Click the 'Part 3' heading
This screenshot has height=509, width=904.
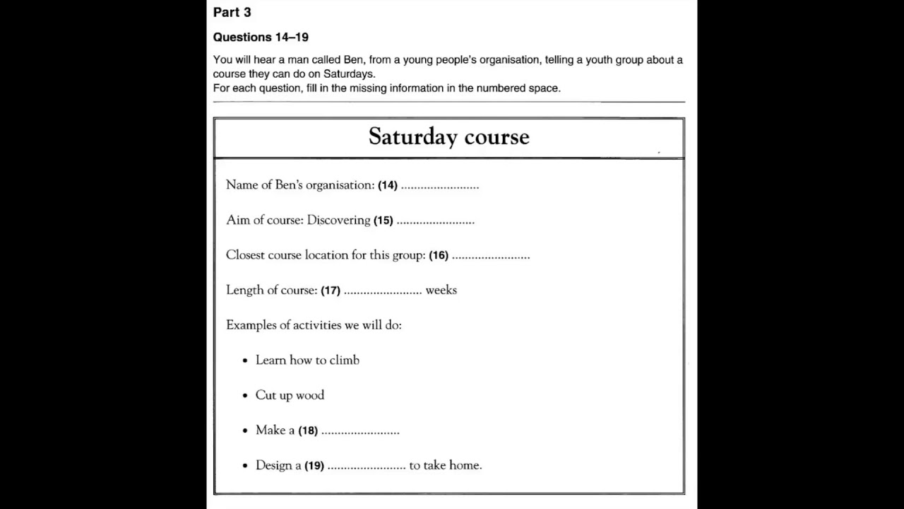tap(232, 12)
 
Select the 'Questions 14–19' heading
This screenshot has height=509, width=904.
tap(261, 37)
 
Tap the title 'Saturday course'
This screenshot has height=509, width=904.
tap(448, 136)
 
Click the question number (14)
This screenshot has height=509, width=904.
tap(388, 185)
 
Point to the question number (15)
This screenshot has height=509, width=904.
tap(383, 221)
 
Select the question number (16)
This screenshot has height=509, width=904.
tap(439, 255)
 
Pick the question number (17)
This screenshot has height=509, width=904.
tap(331, 291)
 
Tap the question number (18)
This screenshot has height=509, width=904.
tap(308, 431)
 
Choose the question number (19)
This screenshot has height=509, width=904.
tap(314, 466)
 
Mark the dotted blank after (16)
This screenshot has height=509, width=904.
tap(491, 257)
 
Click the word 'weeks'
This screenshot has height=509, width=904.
tap(441, 290)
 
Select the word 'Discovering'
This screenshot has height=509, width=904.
tap(338, 220)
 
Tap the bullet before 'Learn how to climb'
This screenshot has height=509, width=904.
tap(245, 361)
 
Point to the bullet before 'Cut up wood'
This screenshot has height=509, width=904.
tap(245, 396)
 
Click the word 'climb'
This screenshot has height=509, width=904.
tap(344, 360)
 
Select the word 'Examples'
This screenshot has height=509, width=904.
tap(251, 325)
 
